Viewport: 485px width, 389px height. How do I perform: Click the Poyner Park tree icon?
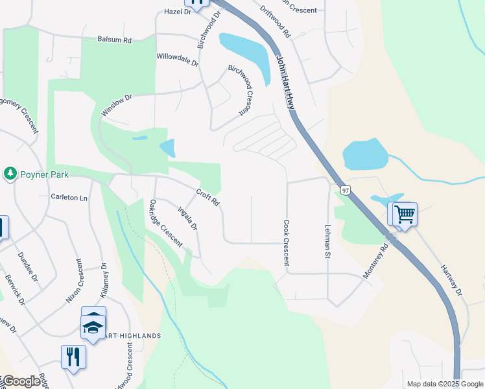(x=10, y=173)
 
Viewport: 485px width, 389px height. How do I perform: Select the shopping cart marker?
(x=404, y=213)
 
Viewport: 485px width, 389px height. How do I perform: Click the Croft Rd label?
(x=209, y=197)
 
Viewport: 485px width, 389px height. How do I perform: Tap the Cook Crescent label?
(x=286, y=243)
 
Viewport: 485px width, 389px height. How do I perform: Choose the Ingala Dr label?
(x=187, y=218)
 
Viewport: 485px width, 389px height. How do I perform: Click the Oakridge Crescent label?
(x=165, y=222)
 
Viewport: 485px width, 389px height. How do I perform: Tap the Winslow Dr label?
(x=117, y=106)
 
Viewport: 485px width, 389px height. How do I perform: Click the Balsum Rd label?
(x=114, y=40)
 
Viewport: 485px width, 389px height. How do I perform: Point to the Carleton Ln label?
(x=69, y=197)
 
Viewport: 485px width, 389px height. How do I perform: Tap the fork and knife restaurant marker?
(x=73, y=356)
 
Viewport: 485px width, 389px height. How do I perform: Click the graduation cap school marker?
(x=93, y=328)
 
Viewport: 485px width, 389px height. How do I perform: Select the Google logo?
(x=21, y=382)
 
